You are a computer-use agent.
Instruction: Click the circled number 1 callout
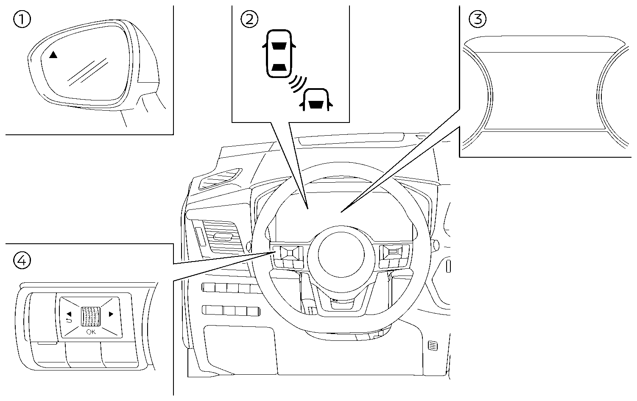tap(22, 19)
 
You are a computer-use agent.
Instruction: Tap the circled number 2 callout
tap(249, 19)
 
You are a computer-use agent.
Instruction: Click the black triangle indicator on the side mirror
tap(53, 55)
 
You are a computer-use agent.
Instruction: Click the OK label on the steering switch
tap(91, 332)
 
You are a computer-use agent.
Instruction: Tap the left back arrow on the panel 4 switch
tap(69, 315)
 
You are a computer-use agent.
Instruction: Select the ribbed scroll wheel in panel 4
tap(91, 316)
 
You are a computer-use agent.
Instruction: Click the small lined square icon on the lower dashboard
tap(433, 346)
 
